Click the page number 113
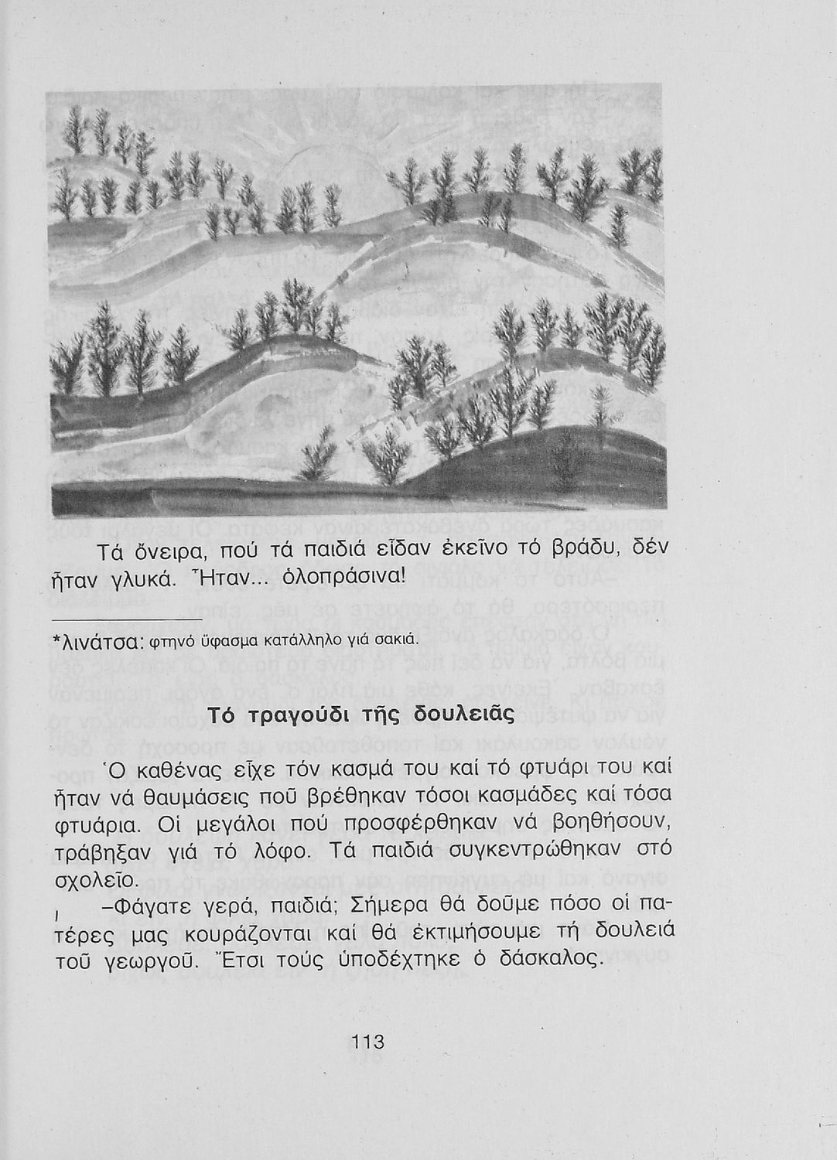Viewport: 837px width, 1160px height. (x=367, y=1042)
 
